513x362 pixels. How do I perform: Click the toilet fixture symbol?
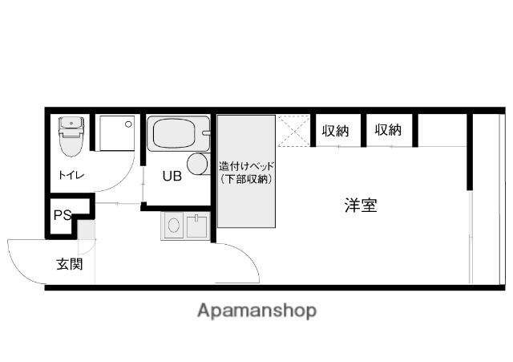click(x=71, y=136)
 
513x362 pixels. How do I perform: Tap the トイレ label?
click(x=71, y=176)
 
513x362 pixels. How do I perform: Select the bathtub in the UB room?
click(x=178, y=133)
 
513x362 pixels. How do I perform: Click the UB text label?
click(x=172, y=177)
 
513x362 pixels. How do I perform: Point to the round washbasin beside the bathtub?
click(x=198, y=164)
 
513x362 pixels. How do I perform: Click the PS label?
click(x=63, y=215)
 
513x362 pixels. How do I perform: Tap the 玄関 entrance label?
click(x=70, y=264)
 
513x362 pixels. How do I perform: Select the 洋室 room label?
click(x=361, y=205)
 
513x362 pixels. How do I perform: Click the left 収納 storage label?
click(x=336, y=131)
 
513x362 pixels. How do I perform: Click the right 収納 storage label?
click(x=388, y=130)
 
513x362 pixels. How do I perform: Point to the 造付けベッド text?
click(x=246, y=166)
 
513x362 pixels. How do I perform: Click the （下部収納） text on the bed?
click(x=246, y=179)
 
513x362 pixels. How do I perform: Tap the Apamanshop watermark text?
click(x=256, y=311)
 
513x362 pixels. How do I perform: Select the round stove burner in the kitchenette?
click(x=174, y=225)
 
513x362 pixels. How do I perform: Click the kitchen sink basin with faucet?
click(x=196, y=226)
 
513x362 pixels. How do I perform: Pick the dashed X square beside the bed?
click(x=293, y=131)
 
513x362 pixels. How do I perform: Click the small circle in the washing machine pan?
click(x=128, y=124)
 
